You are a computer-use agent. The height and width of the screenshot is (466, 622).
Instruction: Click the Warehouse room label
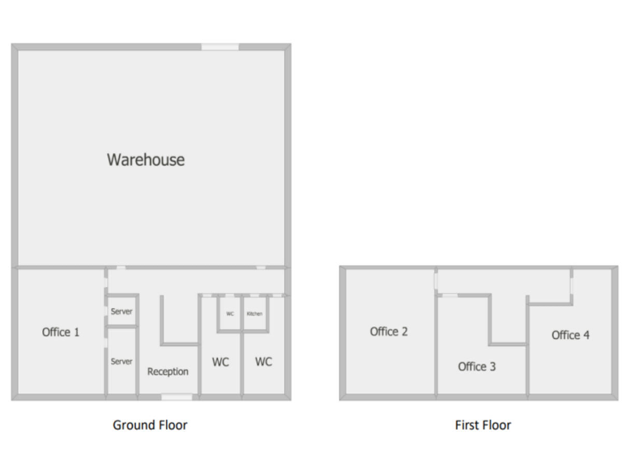click(146, 159)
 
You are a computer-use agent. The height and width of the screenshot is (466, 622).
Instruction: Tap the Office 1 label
click(61, 332)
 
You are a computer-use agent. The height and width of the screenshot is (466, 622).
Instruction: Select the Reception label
click(168, 371)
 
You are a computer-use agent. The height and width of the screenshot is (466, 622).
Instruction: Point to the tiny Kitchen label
click(254, 314)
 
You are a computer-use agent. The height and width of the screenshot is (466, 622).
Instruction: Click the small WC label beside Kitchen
click(230, 314)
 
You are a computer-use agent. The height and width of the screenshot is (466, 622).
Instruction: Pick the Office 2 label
click(389, 332)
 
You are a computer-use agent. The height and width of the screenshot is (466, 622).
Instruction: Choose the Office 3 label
click(477, 366)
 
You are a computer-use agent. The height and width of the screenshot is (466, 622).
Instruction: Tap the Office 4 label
click(570, 335)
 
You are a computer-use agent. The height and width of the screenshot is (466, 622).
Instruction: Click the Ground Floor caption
click(150, 425)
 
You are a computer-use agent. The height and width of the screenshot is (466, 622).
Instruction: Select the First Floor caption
click(483, 425)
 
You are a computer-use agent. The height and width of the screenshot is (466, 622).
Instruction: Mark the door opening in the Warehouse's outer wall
click(219, 47)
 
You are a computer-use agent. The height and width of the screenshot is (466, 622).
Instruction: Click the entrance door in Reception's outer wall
click(177, 396)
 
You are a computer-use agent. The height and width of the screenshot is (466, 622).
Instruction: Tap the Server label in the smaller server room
click(121, 311)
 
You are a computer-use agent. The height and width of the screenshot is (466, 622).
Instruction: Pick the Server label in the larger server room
click(121, 362)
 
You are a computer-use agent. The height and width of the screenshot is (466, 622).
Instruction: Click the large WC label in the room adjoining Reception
click(220, 362)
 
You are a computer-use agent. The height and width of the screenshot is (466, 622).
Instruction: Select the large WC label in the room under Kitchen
click(263, 362)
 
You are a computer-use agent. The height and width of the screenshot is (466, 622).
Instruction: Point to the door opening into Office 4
click(572, 286)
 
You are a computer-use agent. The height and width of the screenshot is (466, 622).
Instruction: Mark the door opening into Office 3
click(448, 295)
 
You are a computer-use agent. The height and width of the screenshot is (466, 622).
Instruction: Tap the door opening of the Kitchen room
click(254, 295)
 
